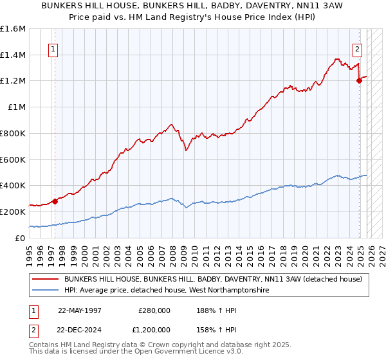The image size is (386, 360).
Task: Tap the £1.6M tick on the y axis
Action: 13,29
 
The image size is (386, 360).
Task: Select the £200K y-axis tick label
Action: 13,212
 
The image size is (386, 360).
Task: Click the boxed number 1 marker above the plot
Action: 53,48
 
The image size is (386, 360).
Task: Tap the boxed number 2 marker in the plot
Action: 358,48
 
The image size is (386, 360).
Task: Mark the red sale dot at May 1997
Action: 55,201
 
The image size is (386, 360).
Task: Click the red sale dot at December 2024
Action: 359,81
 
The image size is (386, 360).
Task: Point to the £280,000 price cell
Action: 154,310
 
